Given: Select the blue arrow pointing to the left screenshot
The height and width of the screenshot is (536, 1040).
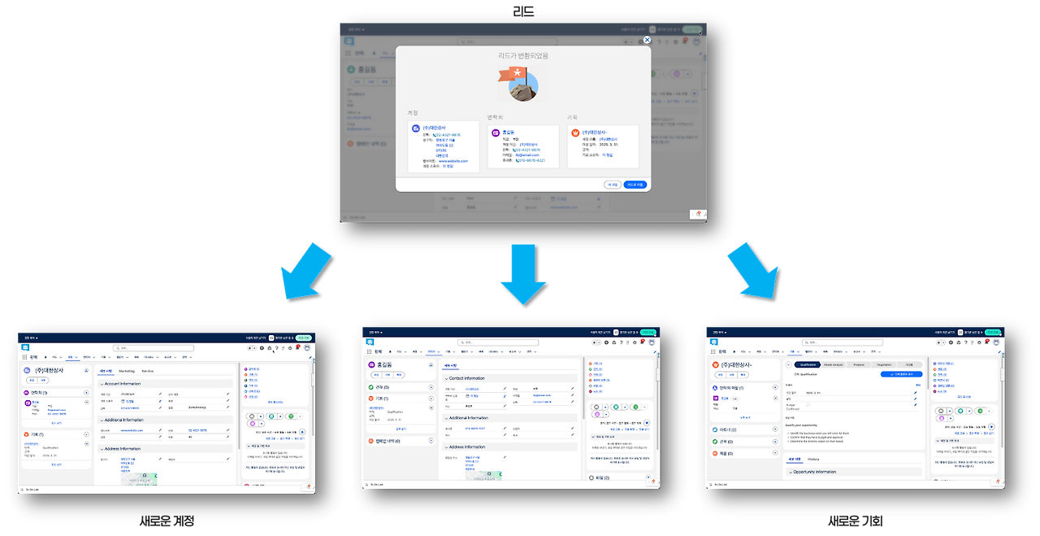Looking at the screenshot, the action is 305,272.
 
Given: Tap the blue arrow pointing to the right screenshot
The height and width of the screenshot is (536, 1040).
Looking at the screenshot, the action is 748,272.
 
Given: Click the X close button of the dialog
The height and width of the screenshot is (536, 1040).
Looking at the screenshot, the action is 647,40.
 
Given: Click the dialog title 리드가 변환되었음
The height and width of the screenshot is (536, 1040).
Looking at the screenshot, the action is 522,56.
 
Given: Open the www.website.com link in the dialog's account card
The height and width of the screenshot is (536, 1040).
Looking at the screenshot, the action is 453,161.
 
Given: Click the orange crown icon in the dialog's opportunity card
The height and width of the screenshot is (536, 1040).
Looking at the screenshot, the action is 575,132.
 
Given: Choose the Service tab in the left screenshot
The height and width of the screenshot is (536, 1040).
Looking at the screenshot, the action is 148,371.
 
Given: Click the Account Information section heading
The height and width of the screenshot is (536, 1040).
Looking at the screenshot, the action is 123,383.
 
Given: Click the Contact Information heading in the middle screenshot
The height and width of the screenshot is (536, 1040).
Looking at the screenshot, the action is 467,378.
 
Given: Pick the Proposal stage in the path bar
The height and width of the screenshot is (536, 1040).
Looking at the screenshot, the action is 859,365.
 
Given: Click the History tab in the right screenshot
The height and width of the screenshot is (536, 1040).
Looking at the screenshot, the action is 813,460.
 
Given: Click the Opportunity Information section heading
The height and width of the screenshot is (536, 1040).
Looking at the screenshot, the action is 814,472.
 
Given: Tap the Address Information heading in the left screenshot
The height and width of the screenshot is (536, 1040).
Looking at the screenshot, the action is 123,448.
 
